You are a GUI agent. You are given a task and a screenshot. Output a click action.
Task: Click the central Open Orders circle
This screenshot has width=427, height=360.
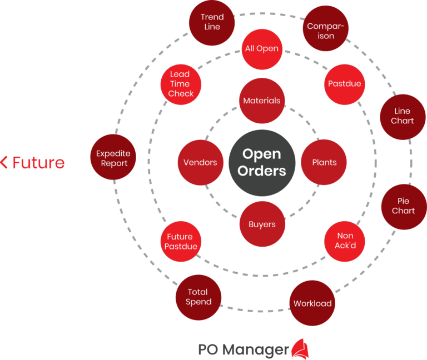coord(262,162)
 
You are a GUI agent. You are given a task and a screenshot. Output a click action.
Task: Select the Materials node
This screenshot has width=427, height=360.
coord(262,101)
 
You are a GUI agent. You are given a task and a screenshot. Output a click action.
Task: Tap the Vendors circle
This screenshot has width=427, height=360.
coord(200,162)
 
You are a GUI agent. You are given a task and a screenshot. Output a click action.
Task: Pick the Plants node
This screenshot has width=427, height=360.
coord(324,162)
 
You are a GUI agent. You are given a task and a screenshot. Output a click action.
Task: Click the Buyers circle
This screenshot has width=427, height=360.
coord(262,224)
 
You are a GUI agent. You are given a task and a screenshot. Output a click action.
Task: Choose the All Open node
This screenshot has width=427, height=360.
coord(262,49)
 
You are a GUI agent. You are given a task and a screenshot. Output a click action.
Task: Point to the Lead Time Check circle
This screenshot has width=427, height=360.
coord(181,84)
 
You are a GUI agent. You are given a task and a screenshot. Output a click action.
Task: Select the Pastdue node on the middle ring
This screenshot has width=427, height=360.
coord(345,84)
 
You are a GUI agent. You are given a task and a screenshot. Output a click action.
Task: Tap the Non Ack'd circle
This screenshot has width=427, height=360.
coord(345,241)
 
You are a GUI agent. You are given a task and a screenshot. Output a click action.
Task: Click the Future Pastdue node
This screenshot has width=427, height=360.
coord(181,241)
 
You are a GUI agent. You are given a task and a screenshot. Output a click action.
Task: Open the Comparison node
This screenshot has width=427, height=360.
coord(326,31)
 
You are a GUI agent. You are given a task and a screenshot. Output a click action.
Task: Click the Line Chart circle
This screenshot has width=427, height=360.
coord(402,116)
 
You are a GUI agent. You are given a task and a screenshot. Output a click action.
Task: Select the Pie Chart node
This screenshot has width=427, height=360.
coord(403,206)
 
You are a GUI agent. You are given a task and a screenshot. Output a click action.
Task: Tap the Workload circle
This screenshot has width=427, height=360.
coord(312,303)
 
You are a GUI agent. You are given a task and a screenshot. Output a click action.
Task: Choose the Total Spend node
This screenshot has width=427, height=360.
coord(198,297)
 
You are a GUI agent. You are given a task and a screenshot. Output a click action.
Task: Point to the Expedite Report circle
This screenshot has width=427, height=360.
coord(113,158)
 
